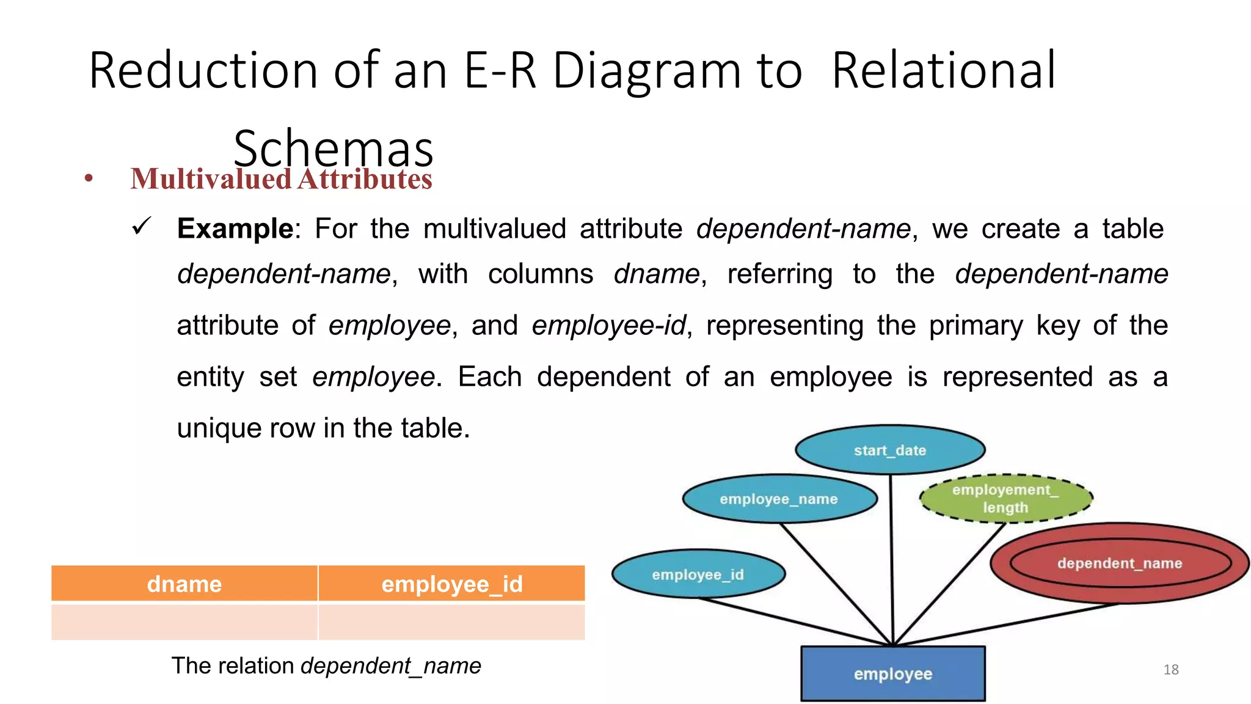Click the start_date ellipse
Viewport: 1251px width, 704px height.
pos(889,450)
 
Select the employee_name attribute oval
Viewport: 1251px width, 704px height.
pos(779,499)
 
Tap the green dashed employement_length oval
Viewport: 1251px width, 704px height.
pos(1005,499)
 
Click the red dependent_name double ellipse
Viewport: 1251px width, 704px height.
pos(1119,563)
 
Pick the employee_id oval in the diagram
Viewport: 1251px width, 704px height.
pos(698,574)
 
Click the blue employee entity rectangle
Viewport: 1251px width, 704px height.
pos(892,673)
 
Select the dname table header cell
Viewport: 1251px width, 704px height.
pos(184,584)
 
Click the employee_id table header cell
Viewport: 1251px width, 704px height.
pos(451,584)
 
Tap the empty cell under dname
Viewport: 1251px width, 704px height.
pos(184,621)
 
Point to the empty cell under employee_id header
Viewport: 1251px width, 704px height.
pos(451,621)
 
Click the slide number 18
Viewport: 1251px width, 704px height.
pos(1170,670)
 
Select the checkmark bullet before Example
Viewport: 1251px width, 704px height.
pos(141,227)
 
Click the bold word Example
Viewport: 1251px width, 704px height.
pos(235,229)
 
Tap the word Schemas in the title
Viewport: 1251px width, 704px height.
pos(333,148)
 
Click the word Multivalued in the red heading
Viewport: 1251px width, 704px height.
pos(211,179)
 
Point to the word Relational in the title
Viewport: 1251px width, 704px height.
pos(943,71)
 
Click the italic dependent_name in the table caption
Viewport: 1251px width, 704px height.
pos(391,665)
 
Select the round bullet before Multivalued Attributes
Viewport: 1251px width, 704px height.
pos(89,178)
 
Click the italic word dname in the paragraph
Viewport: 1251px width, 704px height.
pos(656,274)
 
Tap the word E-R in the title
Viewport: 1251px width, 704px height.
pos(499,71)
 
